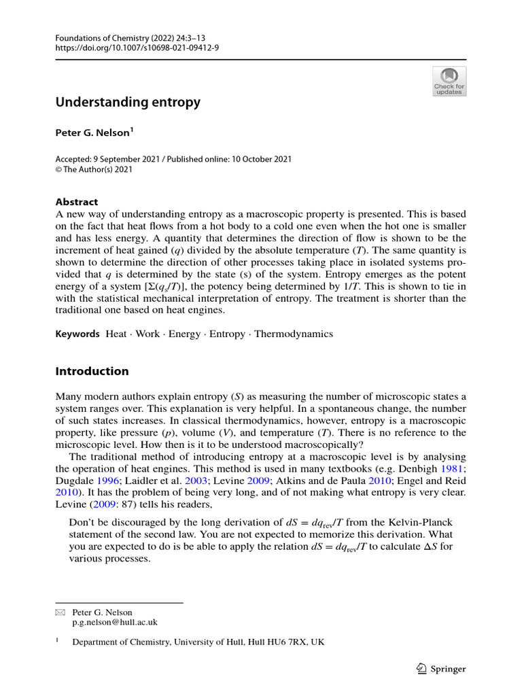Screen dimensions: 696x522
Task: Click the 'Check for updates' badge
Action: (449, 81)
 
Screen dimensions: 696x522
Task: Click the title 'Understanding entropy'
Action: (128, 102)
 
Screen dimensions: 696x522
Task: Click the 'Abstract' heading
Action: (76, 202)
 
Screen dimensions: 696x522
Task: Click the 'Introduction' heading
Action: (92, 371)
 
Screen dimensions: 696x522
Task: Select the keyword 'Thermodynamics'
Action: (294, 334)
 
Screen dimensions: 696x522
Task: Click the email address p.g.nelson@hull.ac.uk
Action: (115, 621)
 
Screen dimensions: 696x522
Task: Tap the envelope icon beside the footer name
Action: (59, 612)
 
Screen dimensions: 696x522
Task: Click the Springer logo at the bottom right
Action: (440, 669)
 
